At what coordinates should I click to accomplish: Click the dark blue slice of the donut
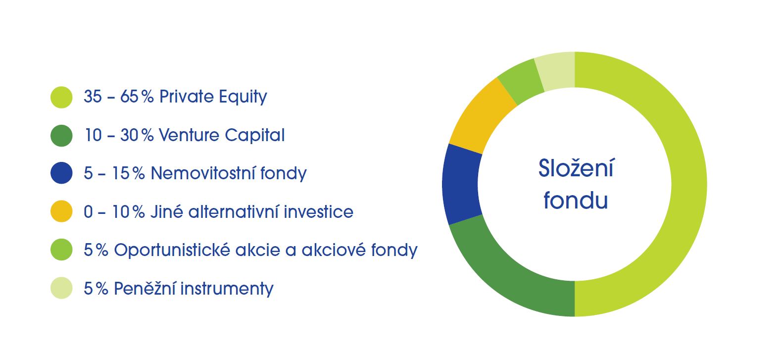coord(461,184)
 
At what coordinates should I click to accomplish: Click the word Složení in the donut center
coord(576,168)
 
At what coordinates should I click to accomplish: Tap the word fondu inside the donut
coord(576,200)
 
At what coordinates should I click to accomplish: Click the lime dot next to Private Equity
coord(61,97)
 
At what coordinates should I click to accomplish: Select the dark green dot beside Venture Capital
coord(61,135)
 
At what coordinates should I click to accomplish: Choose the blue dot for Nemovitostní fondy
coord(61,173)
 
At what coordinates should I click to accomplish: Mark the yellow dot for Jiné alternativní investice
coord(61,211)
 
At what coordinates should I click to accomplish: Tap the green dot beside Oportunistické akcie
coord(61,250)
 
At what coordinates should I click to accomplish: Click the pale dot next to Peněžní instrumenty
coord(61,288)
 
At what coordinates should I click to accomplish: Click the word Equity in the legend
coord(243,97)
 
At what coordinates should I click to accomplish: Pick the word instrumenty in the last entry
coord(227,289)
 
